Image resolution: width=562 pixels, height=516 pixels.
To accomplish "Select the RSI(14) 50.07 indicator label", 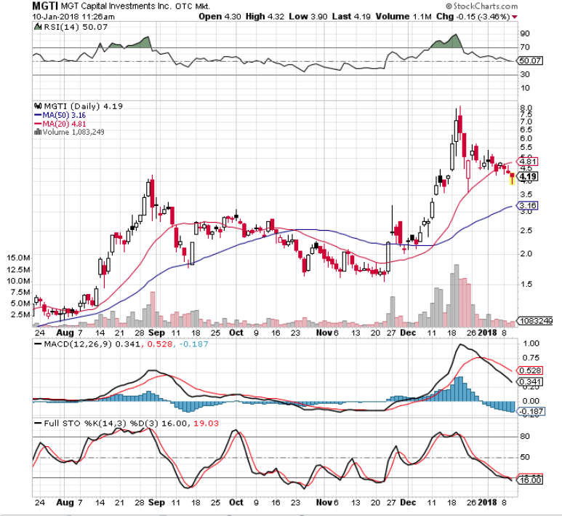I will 65,27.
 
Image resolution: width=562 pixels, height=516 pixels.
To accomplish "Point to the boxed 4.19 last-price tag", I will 528,176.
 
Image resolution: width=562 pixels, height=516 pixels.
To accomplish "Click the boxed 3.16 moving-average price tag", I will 528,207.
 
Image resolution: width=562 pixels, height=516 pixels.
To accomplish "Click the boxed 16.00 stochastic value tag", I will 531,480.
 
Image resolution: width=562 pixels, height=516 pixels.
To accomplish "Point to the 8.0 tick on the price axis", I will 526,108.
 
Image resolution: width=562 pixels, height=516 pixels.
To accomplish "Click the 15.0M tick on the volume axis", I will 16,258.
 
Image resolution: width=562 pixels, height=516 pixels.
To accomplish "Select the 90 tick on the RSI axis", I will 524,33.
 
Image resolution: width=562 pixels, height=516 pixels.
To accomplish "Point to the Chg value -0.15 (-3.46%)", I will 483,16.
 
